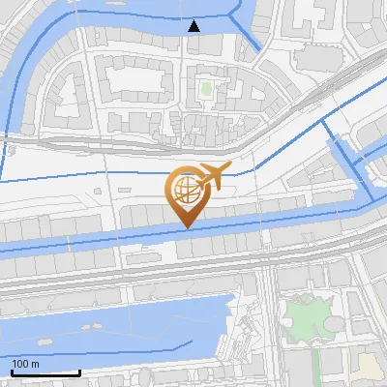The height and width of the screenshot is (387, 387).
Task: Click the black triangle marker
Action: pyautogui.click(x=194, y=25)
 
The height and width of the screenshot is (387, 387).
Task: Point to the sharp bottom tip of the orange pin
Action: pyautogui.click(x=184, y=228)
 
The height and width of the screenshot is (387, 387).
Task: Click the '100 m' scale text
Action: pyautogui.click(x=25, y=364)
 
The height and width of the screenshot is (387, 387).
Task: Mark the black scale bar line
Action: pyautogui.click(x=45, y=372)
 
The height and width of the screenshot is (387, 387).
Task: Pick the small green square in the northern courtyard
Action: pyautogui.click(x=205, y=90)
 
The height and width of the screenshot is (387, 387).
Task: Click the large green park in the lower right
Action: pyautogui.click(x=307, y=319)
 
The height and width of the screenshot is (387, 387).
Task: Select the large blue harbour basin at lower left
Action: pyautogui.click(x=106, y=324)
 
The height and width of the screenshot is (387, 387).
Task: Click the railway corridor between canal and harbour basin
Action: pyautogui.click(x=193, y=271)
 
